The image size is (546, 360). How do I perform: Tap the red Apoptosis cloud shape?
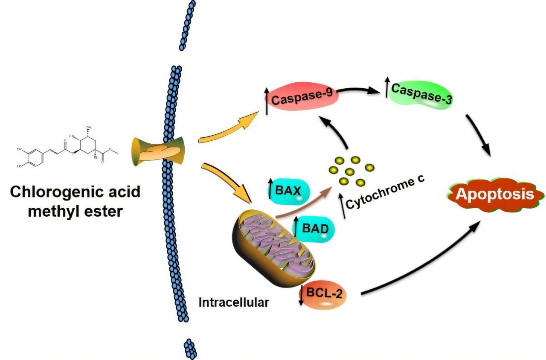coord(495,195)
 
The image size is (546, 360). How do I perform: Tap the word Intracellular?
coord(234,302)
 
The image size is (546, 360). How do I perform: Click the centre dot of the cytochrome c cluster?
coord(350,172)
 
